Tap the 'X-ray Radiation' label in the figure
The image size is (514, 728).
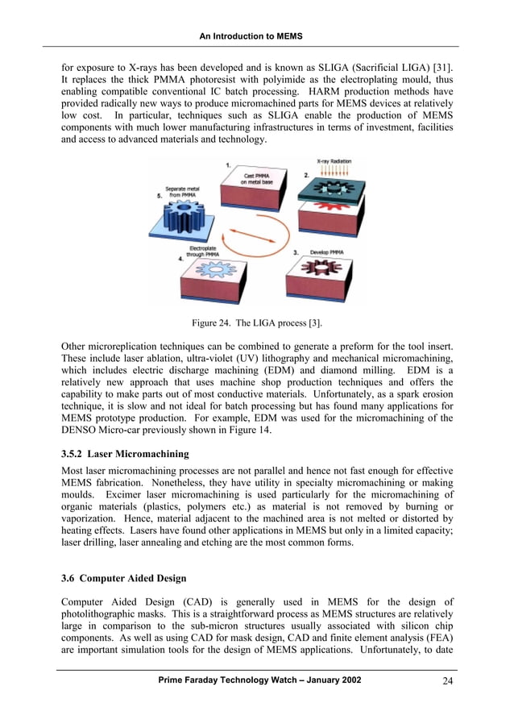[333, 161]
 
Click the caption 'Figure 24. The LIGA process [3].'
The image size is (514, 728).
[257, 323]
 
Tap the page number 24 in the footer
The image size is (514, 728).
[448, 681]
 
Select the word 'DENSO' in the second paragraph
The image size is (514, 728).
[81, 431]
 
